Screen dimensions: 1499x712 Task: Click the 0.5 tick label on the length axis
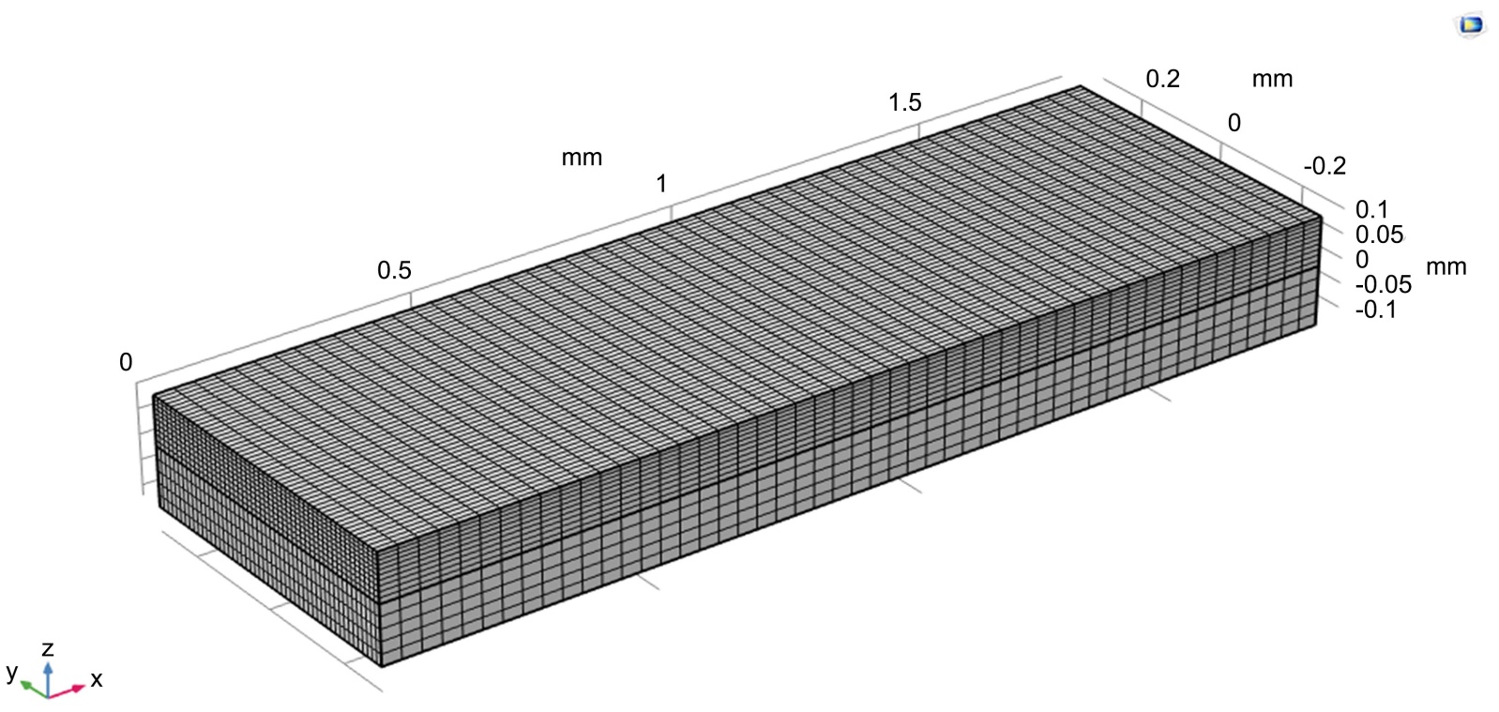(394, 270)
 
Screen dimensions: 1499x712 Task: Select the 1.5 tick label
(904, 102)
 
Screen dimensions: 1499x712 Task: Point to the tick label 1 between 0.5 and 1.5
(661, 184)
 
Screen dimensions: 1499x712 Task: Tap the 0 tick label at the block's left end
(126, 362)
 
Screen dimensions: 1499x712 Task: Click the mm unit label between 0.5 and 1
(582, 158)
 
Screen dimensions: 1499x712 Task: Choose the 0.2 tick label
(1162, 79)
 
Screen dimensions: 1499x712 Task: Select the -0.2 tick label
(1325, 166)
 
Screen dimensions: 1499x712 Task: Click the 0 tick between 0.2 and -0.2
(1234, 123)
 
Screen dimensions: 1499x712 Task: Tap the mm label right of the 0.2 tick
(1272, 80)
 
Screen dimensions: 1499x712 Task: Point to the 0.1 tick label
(1371, 209)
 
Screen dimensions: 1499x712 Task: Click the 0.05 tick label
(1379, 235)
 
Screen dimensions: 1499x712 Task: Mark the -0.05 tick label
(1383, 284)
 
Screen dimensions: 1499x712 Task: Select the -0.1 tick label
(1375, 310)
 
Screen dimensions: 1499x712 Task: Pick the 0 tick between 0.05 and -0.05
(1362, 259)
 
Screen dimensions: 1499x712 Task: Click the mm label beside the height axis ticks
(1446, 267)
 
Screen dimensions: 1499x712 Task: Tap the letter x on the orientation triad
(96, 679)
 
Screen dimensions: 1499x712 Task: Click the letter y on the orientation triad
(11, 672)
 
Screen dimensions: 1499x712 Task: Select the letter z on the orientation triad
(48, 648)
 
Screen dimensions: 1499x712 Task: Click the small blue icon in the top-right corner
(1471, 25)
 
